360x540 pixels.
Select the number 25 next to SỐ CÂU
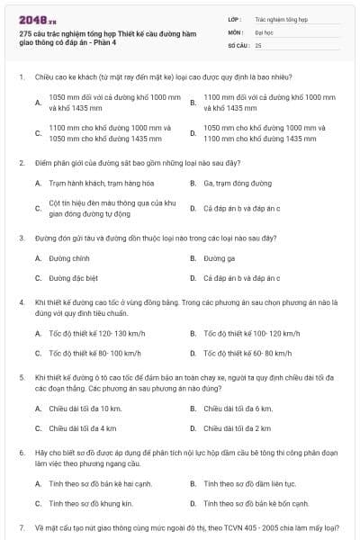[258, 44]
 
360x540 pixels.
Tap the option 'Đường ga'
[220, 257]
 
